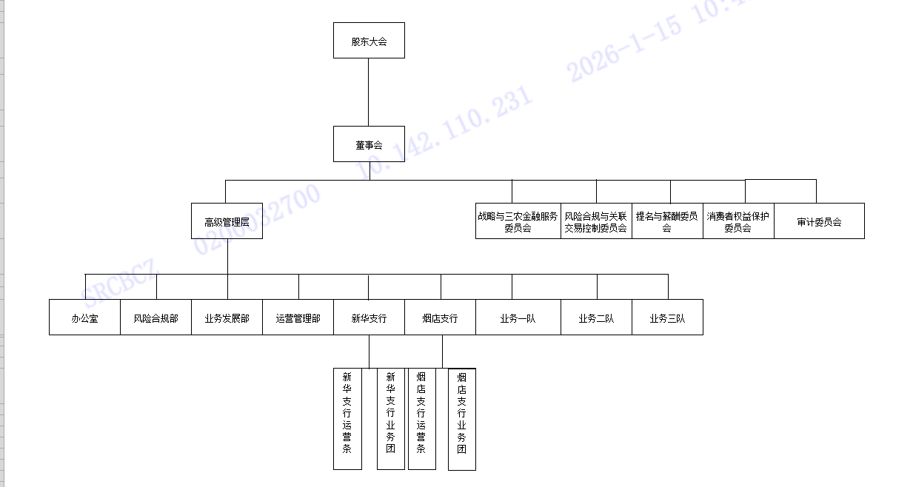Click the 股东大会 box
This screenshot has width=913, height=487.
pyautogui.click(x=369, y=41)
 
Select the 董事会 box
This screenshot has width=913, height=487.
pyautogui.click(x=369, y=144)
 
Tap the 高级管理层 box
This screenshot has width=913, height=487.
pyautogui.click(x=227, y=221)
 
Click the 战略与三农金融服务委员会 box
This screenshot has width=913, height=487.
pyautogui.click(x=518, y=221)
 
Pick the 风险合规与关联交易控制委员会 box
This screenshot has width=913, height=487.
pyautogui.click(x=596, y=221)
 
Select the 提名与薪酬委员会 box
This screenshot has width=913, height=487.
pyautogui.click(x=667, y=221)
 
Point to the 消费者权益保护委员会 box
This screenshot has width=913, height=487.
pyautogui.click(x=738, y=221)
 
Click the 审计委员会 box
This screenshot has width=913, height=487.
pyautogui.click(x=819, y=221)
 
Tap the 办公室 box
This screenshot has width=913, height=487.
pyautogui.click(x=84, y=318)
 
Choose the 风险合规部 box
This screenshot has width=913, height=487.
pyautogui.click(x=155, y=318)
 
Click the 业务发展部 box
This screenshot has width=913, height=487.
pyautogui.click(x=227, y=318)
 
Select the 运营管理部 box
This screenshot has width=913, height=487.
pyautogui.click(x=298, y=318)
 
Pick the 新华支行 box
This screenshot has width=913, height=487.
pyautogui.click(x=369, y=318)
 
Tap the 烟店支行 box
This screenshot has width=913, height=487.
pyautogui.click(x=440, y=318)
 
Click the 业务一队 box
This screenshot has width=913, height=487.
pyautogui.click(x=518, y=318)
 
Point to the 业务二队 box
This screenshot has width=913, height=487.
pyautogui.click(x=596, y=318)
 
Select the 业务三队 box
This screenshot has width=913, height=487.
pyautogui.click(x=667, y=318)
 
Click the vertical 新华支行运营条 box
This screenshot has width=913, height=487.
pyautogui.click(x=347, y=418)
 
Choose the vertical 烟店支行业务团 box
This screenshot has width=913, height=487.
pyautogui.click(x=462, y=419)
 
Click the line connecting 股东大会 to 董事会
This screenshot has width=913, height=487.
pyautogui.click(x=369, y=93)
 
